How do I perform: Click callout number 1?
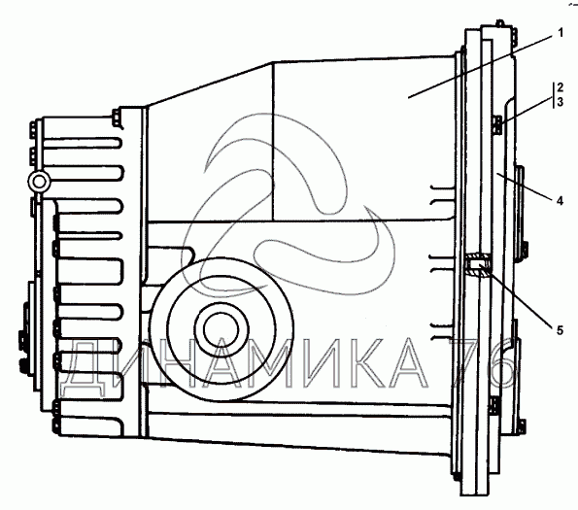coord(561,33)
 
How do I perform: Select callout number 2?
coord(560,87)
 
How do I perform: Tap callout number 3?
coord(560,102)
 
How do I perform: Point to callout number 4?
coord(560,201)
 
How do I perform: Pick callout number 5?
coord(560,330)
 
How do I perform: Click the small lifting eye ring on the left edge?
coord(38,182)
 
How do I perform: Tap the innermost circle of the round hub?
coord(221,330)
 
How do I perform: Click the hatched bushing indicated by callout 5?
coord(478,264)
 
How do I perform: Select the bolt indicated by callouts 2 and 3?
coord(496,125)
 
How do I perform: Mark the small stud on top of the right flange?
coord(499,22)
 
